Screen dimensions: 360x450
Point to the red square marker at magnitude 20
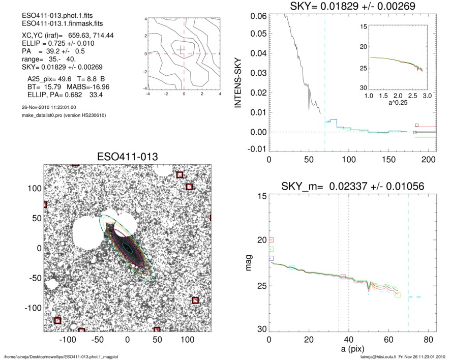pyautogui.click(x=271, y=240)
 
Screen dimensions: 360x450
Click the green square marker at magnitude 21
pyautogui.click(x=271, y=249)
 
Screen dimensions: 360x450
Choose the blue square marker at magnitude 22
pyautogui.click(x=271, y=258)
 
